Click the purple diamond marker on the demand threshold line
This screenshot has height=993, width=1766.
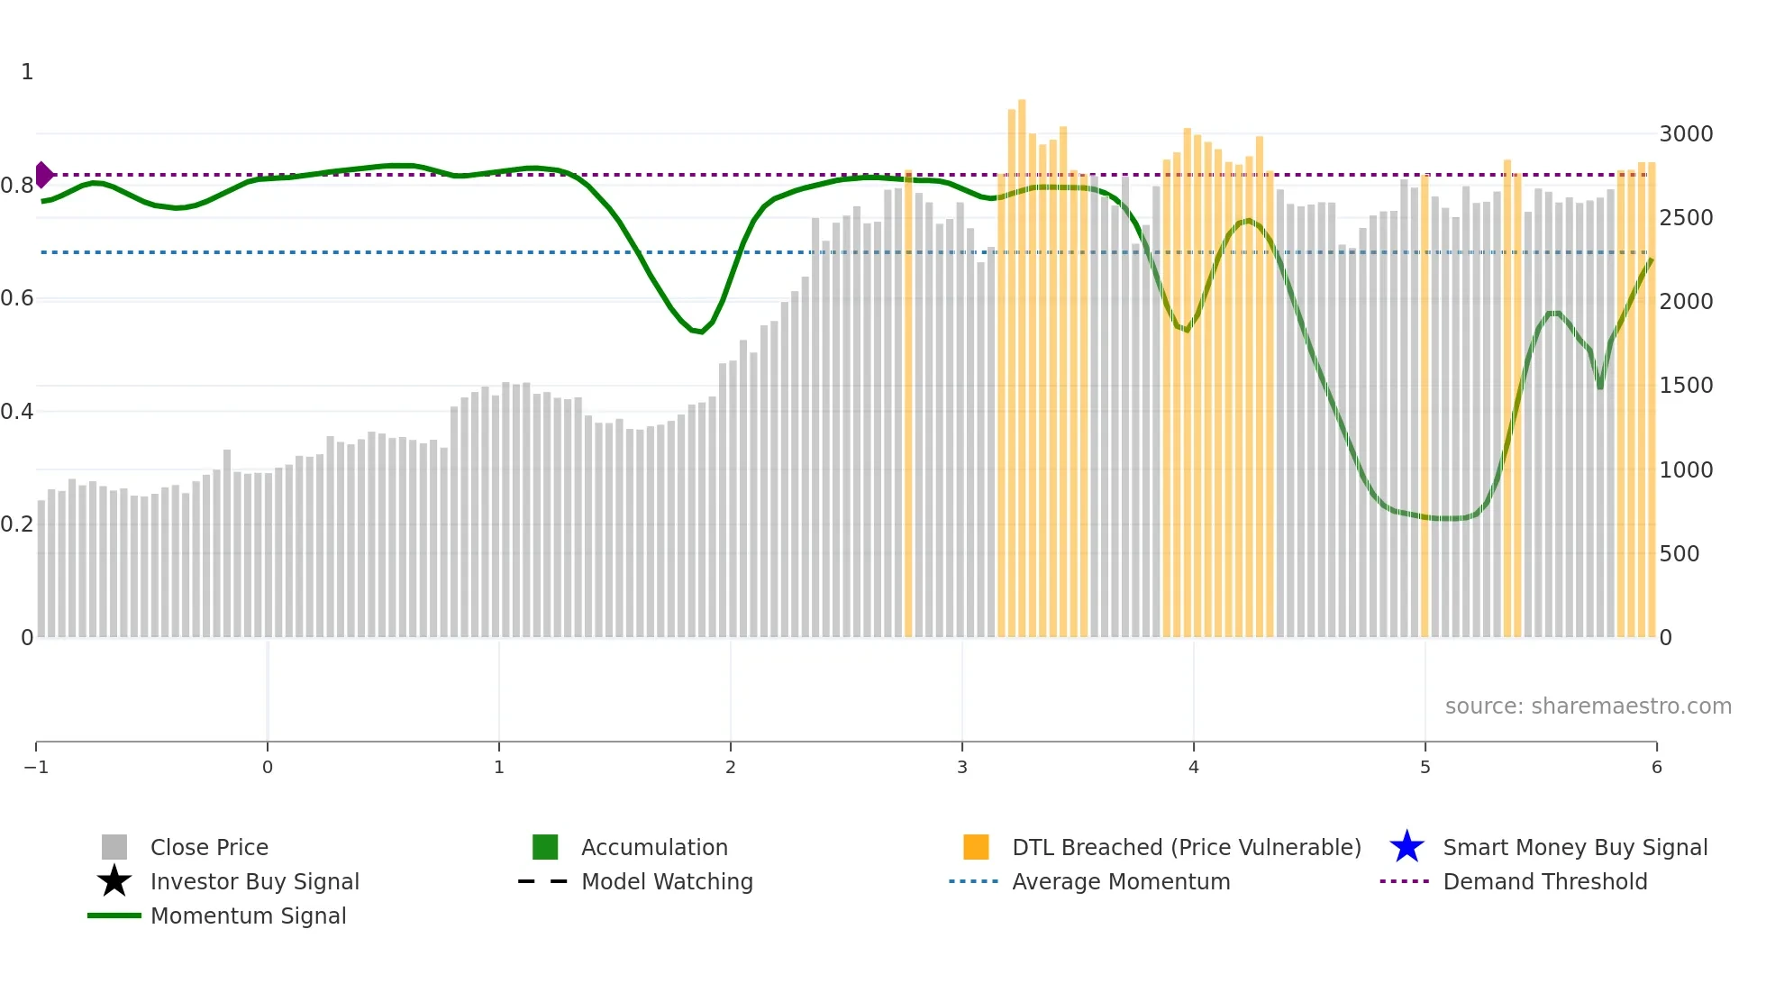[43, 175]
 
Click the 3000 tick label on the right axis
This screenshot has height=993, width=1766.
[1686, 134]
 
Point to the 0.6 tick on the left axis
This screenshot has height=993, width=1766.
[17, 298]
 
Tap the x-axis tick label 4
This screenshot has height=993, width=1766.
[1194, 768]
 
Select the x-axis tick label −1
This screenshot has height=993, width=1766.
[36, 768]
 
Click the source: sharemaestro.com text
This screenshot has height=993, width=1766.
[1588, 706]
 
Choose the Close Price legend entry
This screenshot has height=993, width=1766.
[209, 848]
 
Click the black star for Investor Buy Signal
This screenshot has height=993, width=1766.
[114, 881]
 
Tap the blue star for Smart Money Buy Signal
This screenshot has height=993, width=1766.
[1406, 847]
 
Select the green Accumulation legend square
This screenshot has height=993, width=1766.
[545, 847]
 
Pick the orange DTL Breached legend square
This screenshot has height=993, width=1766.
[976, 847]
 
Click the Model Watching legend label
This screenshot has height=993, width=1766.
[667, 882]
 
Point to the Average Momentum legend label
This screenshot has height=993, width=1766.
[1121, 882]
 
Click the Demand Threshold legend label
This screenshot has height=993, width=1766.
[1545, 882]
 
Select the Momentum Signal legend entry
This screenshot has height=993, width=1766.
[248, 916]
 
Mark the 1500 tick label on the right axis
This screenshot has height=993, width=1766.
[1686, 386]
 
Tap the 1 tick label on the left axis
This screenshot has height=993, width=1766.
[27, 72]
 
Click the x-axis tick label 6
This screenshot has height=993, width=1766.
[1656, 768]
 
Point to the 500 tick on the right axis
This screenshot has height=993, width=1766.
[1680, 554]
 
